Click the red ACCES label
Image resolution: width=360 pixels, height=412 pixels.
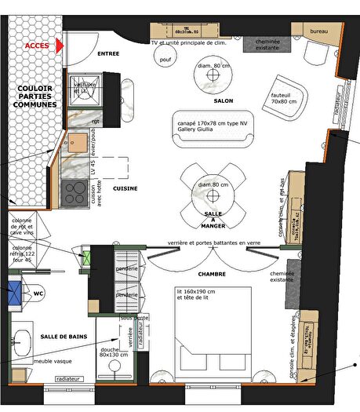(37, 46)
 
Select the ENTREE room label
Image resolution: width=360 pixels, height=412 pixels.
(108, 53)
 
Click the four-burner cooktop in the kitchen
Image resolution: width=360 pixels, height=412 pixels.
(75, 191)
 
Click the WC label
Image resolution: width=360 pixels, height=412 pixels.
(38, 294)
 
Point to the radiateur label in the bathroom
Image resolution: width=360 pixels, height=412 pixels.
(71, 378)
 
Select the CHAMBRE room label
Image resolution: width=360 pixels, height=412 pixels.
(212, 275)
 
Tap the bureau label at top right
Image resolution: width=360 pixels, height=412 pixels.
(318, 30)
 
